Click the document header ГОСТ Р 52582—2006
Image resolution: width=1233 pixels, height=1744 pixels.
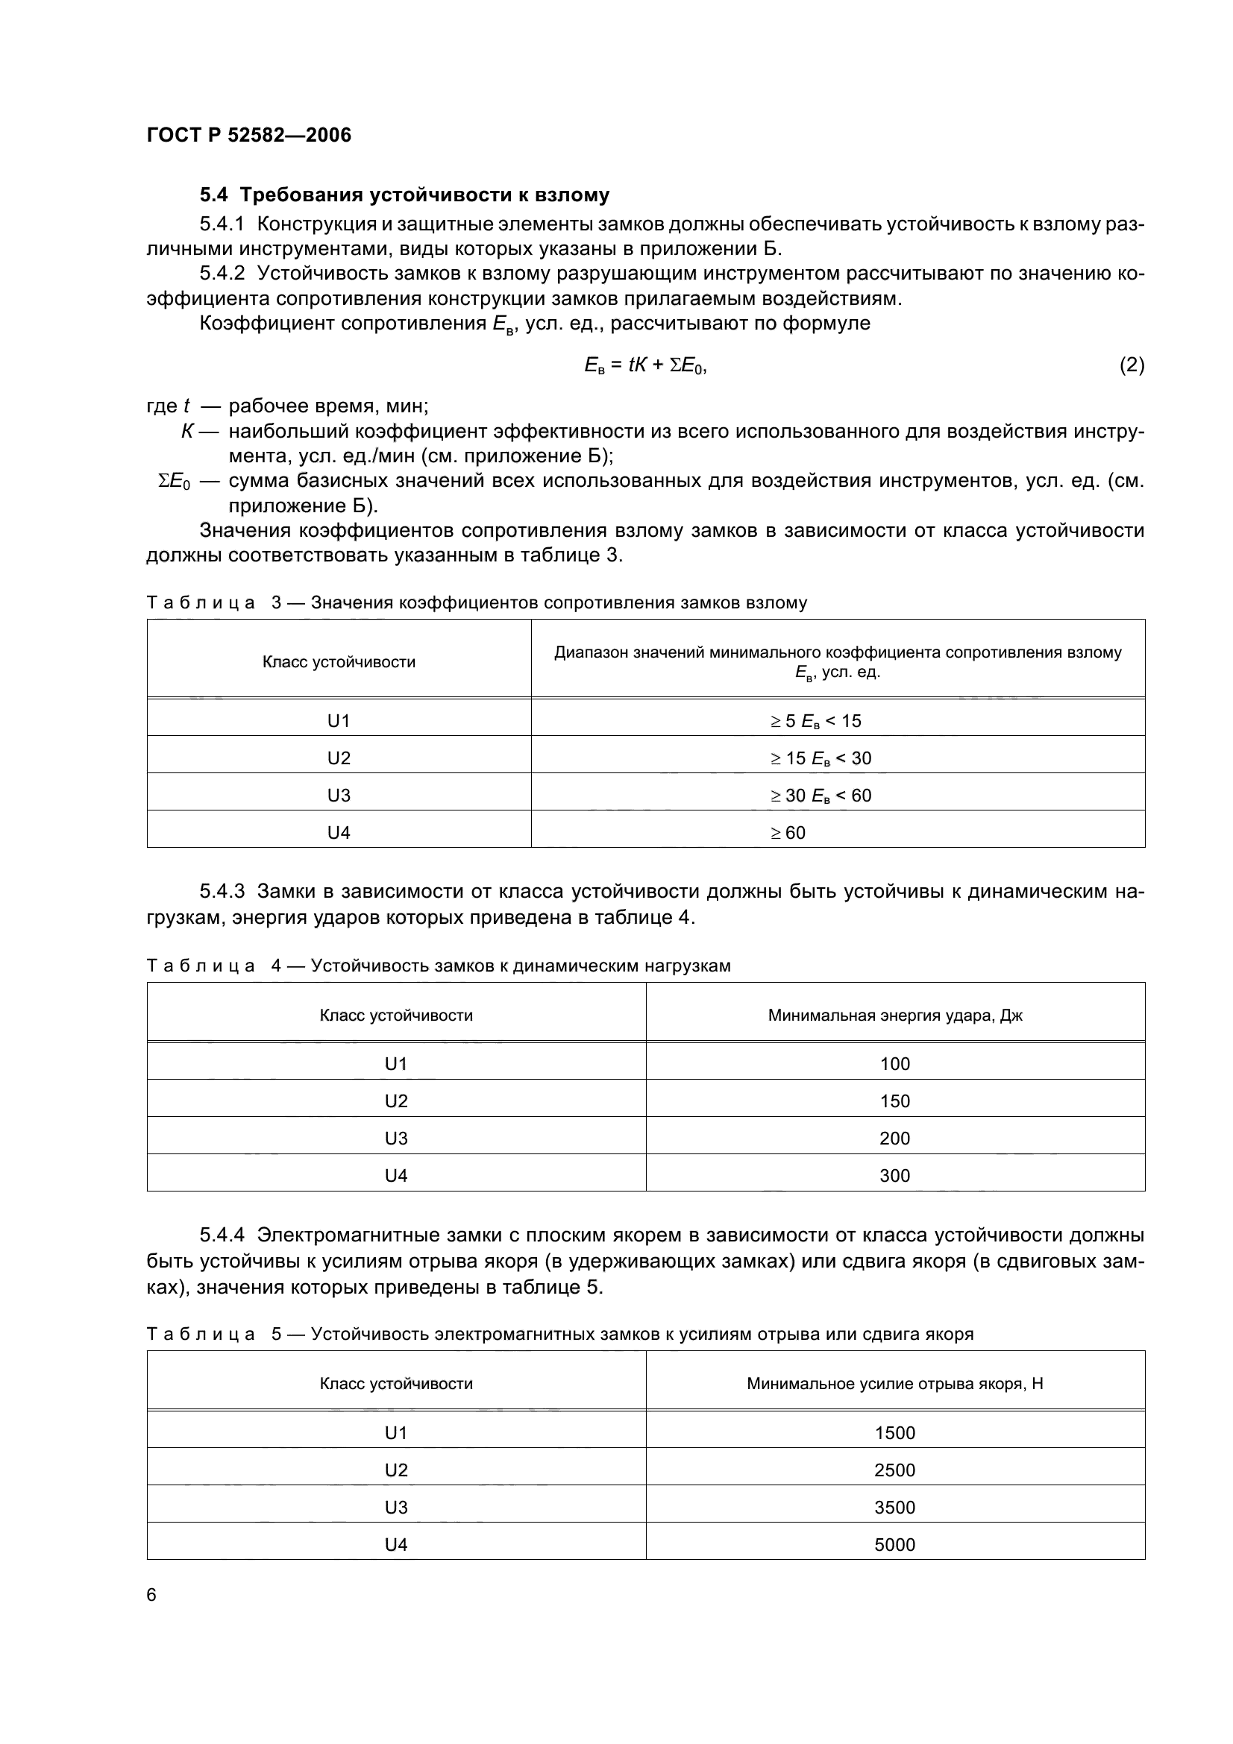(x=248, y=135)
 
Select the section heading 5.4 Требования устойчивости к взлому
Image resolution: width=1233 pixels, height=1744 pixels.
(x=404, y=195)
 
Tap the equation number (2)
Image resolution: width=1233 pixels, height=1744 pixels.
(x=1132, y=365)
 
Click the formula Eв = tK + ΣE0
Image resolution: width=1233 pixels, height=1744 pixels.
(x=645, y=365)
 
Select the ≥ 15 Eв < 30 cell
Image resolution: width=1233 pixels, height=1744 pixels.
(x=821, y=758)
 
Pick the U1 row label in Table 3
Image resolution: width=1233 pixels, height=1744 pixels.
(x=338, y=721)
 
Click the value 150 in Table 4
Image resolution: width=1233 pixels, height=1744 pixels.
(x=894, y=1101)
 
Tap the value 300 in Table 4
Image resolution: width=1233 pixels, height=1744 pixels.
(x=894, y=1175)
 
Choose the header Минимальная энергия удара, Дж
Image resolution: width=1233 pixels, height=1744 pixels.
(x=894, y=1015)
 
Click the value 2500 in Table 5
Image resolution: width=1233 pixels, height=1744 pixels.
(x=894, y=1470)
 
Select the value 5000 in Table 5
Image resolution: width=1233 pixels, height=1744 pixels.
(x=894, y=1544)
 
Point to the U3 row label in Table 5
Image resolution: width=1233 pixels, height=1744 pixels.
(x=396, y=1507)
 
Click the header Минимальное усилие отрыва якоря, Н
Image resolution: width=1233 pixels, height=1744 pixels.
(x=894, y=1383)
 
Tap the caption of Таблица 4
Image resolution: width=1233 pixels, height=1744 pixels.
(x=438, y=966)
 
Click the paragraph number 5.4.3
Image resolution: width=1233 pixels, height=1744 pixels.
(x=222, y=891)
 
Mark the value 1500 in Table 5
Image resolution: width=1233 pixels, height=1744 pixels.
(x=894, y=1432)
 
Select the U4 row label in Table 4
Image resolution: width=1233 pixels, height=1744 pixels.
(x=396, y=1175)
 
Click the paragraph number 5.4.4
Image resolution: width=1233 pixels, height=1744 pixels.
(x=222, y=1235)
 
